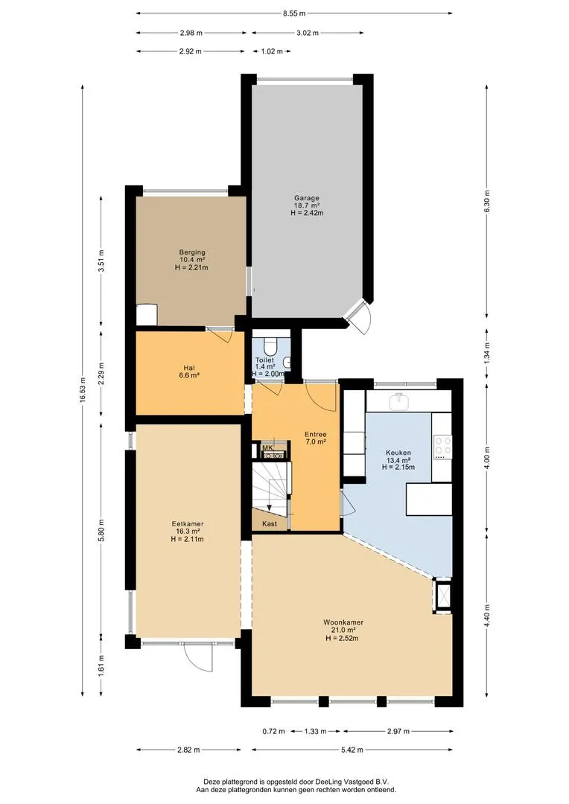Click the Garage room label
(307, 198)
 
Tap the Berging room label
(192, 252)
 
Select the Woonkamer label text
(343, 622)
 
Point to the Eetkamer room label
(187, 524)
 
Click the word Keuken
(398, 453)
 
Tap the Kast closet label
(270, 523)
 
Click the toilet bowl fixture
(270, 345)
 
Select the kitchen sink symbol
(398, 401)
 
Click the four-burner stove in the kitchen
(442, 447)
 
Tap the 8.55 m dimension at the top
(294, 14)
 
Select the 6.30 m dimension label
(487, 201)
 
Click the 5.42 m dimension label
(352, 750)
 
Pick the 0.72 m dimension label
(273, 731)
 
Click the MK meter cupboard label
(267, 447)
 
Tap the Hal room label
(189, 368)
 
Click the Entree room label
(316, 434)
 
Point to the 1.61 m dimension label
(101, 665)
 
